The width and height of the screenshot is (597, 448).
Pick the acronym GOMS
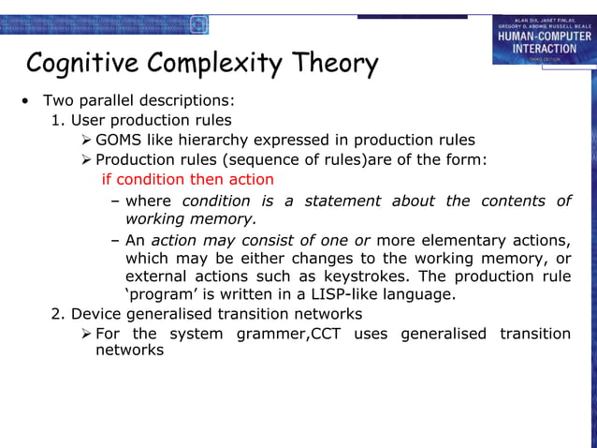click(117, 140)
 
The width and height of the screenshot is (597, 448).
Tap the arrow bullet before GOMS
click(87, 140)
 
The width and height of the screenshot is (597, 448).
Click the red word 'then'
click(207, 179)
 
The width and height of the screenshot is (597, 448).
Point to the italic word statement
click(341, 201)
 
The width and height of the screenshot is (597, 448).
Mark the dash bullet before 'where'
click(114, 201)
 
